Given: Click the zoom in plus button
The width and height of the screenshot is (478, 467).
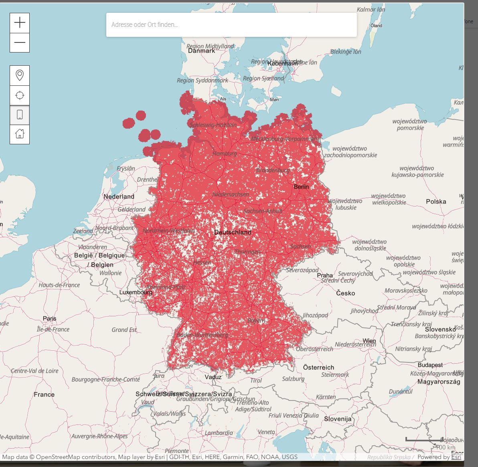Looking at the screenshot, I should click(20, 22).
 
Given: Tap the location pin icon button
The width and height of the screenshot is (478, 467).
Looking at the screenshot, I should click(20, 75).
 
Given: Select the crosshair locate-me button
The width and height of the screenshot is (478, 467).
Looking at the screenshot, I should click(20, 95).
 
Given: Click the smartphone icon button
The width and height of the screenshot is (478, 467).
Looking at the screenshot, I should click(20, 115).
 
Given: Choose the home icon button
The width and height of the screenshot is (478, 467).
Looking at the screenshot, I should click(20, 134).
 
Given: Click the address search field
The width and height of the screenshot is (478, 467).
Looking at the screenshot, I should click(231, 25).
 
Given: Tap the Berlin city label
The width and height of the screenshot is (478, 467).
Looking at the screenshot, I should click(301, 187).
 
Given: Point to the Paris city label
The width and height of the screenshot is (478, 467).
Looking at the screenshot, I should click(50, 319).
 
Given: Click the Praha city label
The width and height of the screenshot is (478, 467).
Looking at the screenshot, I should click(325, 275).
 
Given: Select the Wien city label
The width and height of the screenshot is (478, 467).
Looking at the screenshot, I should click(369, 341).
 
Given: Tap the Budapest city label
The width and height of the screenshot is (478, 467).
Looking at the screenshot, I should click(430, 365).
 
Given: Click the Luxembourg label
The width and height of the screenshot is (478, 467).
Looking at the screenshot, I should click(136, 292).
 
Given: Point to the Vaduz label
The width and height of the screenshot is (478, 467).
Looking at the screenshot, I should click(213, 377).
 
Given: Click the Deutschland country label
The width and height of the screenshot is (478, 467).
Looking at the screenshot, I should click(233, 232).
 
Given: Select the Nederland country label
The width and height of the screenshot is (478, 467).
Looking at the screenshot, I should click(119, 196).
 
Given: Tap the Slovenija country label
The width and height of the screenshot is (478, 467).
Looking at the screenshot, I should click(338, 419).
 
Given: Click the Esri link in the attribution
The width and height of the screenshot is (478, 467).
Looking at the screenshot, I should click(456, 457).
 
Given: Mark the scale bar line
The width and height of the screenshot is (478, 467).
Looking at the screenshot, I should click(424, 440).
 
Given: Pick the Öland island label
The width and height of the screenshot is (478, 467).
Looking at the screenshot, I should click(376, 26).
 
